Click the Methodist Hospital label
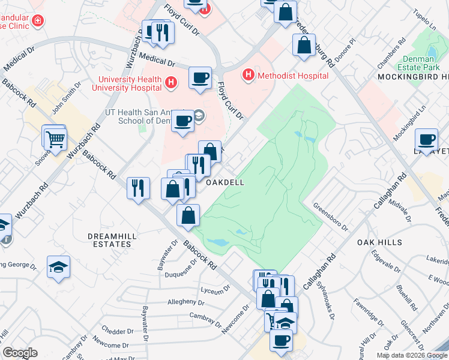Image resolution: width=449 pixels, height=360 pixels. click(x=292, y=76)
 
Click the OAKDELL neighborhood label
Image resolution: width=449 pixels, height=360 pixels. click(x=226, y=182)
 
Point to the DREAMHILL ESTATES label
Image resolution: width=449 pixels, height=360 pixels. click(x=109, y=240)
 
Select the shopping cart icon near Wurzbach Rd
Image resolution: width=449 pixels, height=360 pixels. click(x=55, y=139)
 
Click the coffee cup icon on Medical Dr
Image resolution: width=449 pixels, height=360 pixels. click(x=200, y=77)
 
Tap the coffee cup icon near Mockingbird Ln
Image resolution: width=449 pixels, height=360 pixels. click(x=427, y=139)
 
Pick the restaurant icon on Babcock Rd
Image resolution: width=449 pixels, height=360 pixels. click(x=138, y=187)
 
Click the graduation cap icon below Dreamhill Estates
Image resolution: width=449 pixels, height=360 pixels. click(x=58, y=266)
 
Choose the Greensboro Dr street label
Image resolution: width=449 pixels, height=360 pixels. click(x=331, y=216)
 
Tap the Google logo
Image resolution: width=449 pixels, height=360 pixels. click(x=20, y=353)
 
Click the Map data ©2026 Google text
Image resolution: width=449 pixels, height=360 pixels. click(x=411, y=355)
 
